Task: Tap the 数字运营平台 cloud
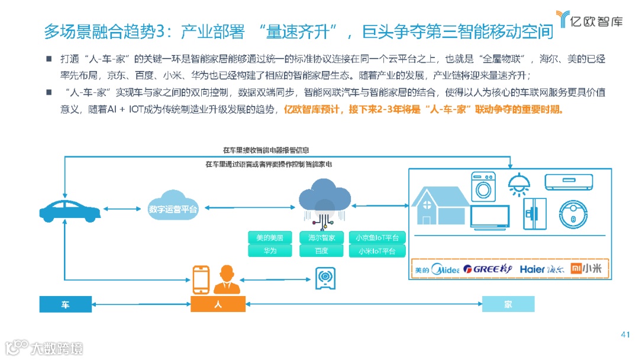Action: click(173, 208)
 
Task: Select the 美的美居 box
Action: click(270, 237)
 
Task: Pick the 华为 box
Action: click(270, 250)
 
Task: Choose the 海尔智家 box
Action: click(321, 237)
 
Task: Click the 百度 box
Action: click(321, 250)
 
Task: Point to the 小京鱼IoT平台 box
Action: click(377, 237)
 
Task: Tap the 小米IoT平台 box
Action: click(377, 250)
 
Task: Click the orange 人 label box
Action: click(218, 304)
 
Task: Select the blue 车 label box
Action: click(66, 304)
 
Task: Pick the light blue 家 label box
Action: click(508, 304)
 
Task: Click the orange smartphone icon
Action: click(201, 279)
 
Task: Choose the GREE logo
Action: click(488, 269)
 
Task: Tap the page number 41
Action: click(625, 335)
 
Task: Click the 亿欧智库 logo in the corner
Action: click(589, 21)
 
